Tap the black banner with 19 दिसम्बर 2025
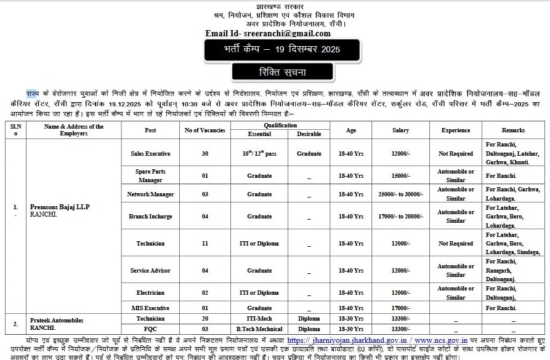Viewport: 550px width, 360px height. (273, 49)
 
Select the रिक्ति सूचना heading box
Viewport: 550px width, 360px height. (273, 73)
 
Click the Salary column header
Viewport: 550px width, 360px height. (400, 130)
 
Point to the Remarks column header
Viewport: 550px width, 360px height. (512, 130)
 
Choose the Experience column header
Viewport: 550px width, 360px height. (456, 130)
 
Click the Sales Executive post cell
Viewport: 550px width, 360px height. (150, 153)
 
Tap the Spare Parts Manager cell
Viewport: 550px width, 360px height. (150, 175)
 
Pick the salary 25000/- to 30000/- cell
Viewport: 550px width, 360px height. (400, 194)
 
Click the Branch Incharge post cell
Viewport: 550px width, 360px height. (150, 217)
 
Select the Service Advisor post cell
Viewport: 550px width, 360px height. (150, 271)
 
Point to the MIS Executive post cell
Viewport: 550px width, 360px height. (150, 308)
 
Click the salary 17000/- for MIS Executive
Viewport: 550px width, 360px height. (400, 308)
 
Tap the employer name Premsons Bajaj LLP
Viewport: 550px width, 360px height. (60, 207)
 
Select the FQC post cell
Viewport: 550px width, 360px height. (150, 328)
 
